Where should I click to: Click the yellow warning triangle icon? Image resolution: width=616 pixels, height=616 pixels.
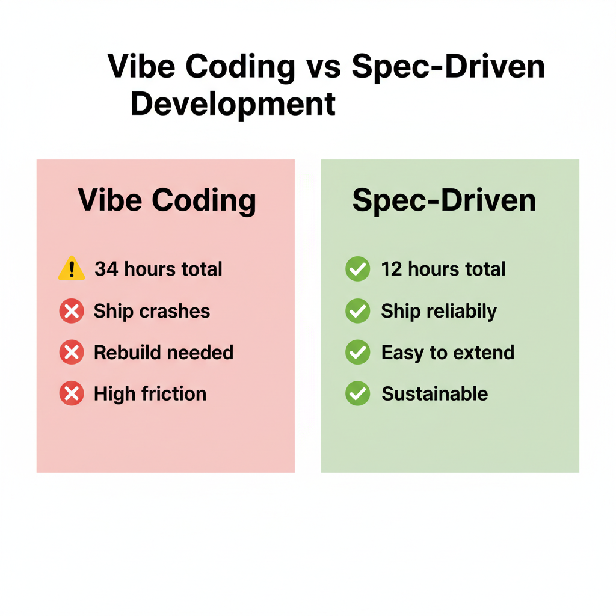coord(72,268)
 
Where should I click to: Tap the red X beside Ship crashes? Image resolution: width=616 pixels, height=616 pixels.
coord(72,311)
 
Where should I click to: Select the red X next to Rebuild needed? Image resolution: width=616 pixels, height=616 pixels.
coord(72,352)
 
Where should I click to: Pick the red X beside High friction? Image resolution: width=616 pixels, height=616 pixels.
coord(72,393)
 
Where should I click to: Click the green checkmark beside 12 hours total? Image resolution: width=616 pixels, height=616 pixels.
coord(358,269)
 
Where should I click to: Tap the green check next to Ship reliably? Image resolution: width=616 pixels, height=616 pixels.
coord(358,311)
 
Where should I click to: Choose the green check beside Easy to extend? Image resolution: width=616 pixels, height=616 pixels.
coord(358,352)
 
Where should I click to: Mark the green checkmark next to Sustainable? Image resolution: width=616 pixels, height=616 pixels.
coord(358,393)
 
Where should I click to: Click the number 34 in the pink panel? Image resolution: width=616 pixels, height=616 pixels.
coord(106,269)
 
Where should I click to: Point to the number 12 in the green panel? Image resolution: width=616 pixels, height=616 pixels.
coord(391,269)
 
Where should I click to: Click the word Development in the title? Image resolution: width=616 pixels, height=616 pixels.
coord(233,103)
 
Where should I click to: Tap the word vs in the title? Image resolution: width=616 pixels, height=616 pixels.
coord(324,66)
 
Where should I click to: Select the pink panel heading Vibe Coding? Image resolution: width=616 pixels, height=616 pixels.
coord(167,200)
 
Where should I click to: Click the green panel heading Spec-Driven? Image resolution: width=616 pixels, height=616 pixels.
coord(444,200)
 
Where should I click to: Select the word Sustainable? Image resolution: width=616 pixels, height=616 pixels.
coord(434,393)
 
